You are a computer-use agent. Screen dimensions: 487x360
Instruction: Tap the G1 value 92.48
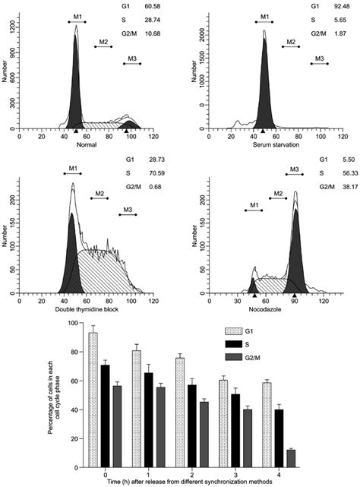pyautogui.click(x=339, y=6)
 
